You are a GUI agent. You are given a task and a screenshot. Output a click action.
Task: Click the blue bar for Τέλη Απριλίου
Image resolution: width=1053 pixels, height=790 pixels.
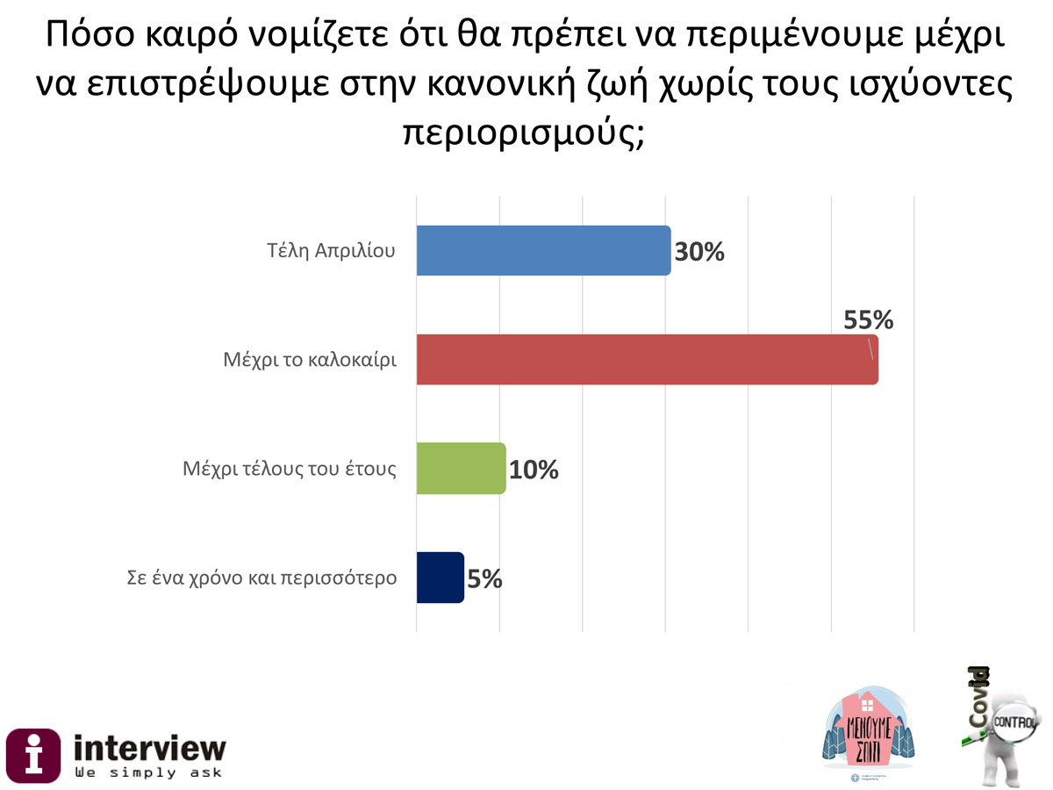(x=542, y=251)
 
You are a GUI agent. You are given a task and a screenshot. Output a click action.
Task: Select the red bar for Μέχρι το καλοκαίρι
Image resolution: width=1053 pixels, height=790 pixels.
(x=646, y=360)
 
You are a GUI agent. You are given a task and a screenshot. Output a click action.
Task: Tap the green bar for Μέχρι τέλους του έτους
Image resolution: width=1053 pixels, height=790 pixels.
(x=461, y=469)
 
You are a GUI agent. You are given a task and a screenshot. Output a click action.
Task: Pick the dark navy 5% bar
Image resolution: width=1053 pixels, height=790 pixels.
(x=440, y=578)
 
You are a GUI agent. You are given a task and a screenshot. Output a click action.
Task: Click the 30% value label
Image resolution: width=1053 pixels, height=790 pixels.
(x=699, y=252)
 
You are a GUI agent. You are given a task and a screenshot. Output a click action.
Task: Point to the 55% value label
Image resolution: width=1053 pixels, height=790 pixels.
(x=868, y=320)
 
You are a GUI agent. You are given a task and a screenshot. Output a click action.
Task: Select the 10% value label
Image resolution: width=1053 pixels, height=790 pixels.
(x=534, y=470)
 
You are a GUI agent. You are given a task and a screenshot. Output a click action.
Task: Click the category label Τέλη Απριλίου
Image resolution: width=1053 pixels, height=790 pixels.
(x=332, y=251)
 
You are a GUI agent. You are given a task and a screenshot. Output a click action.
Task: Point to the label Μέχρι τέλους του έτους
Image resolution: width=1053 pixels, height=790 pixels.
(x=290, y=469)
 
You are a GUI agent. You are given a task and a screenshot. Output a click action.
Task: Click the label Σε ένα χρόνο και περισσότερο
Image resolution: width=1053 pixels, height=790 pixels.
(x=258, y=578)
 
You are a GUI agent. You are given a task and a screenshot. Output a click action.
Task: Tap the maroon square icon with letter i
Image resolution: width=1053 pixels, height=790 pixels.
(x=33, y=756)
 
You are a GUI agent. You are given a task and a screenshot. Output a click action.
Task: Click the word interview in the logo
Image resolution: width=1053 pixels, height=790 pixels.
(x=149, y=748)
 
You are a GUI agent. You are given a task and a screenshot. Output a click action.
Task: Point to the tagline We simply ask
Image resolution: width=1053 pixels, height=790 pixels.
(x=148, y=772)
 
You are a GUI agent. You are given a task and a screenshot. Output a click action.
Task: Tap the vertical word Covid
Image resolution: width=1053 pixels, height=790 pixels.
(x=980, y=698)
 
